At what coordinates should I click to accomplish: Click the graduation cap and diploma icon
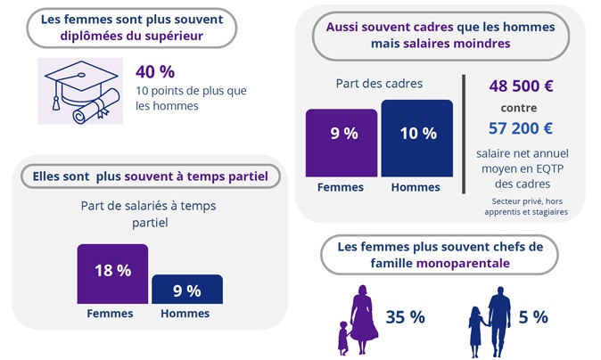(79, 91)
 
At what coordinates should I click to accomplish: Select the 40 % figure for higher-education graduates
(154, 72)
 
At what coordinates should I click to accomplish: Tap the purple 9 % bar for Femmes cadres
(342, 142)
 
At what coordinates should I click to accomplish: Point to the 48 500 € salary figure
(522, 87)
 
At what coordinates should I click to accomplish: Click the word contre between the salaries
(522, 109)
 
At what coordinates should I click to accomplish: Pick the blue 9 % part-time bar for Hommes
(186, 289)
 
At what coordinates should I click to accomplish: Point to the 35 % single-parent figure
(405, 317)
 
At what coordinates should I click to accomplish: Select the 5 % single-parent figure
(533, 317)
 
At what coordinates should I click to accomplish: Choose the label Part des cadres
(379, 84)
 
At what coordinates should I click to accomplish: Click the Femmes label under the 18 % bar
(110, 314)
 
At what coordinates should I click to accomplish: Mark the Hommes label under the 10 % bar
(416, 187)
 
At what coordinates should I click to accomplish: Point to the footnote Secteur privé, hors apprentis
(522, 206)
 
